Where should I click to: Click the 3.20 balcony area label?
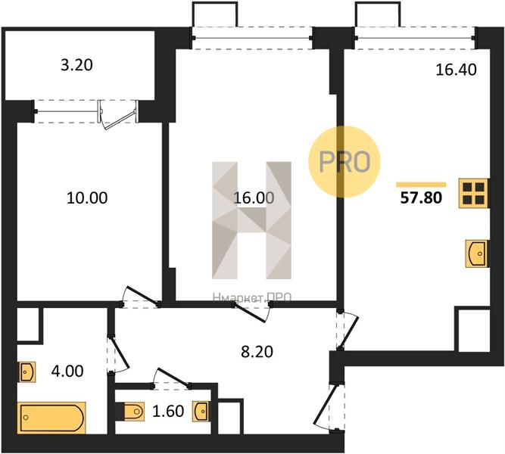pos(76,65)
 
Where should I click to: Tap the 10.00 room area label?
pos(87,197)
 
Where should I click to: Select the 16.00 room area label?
pos(254,197)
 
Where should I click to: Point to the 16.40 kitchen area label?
pos(456,70)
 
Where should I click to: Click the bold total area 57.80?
pos(421,197)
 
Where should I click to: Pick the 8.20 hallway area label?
pos(257,352)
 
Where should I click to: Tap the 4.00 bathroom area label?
pos(67,371)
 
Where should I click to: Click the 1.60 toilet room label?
pos(168,411)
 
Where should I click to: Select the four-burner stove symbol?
pos(474,193)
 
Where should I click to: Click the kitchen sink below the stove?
pos(476,253)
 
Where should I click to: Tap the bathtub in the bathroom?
pos(51,418)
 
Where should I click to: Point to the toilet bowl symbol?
pos(132,412)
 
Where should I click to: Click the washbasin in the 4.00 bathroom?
pos(26,372)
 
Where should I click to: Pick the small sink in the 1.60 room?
pos(201,411)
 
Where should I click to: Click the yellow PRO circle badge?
pos(344,162)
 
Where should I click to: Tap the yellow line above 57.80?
pos(421,185)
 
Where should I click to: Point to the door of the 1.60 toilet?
pos(171,377)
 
